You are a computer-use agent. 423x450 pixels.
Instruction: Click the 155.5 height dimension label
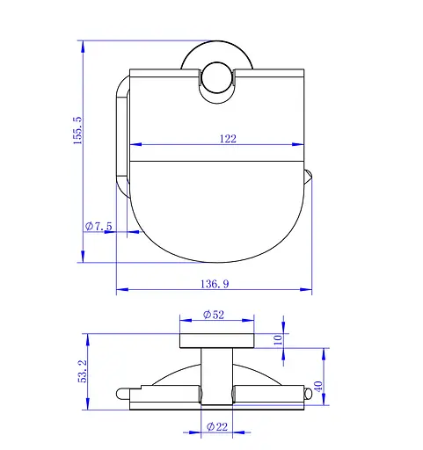[x=78, y=130]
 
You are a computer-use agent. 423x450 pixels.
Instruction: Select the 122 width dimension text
[x=228, y=139]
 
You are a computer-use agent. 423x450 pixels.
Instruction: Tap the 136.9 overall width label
[x=215, y=284]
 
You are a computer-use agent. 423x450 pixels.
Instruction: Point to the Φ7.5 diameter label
[x=98, y=226]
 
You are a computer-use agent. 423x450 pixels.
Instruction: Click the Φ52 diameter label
[x=214, y=315]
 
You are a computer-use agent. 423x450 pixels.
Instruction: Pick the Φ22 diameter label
[x=217, y=426]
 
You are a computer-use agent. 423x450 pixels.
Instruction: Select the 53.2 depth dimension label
[x=83, y=371]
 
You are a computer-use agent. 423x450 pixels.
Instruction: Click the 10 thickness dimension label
[x=278, y=340]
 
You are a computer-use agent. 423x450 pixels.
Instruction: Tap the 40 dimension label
[x=318, y=386]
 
